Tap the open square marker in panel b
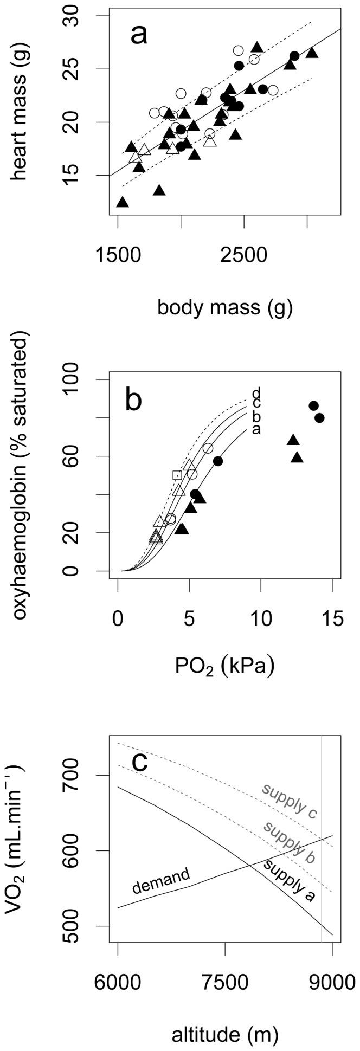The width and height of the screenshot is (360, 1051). [x=177, y=475]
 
